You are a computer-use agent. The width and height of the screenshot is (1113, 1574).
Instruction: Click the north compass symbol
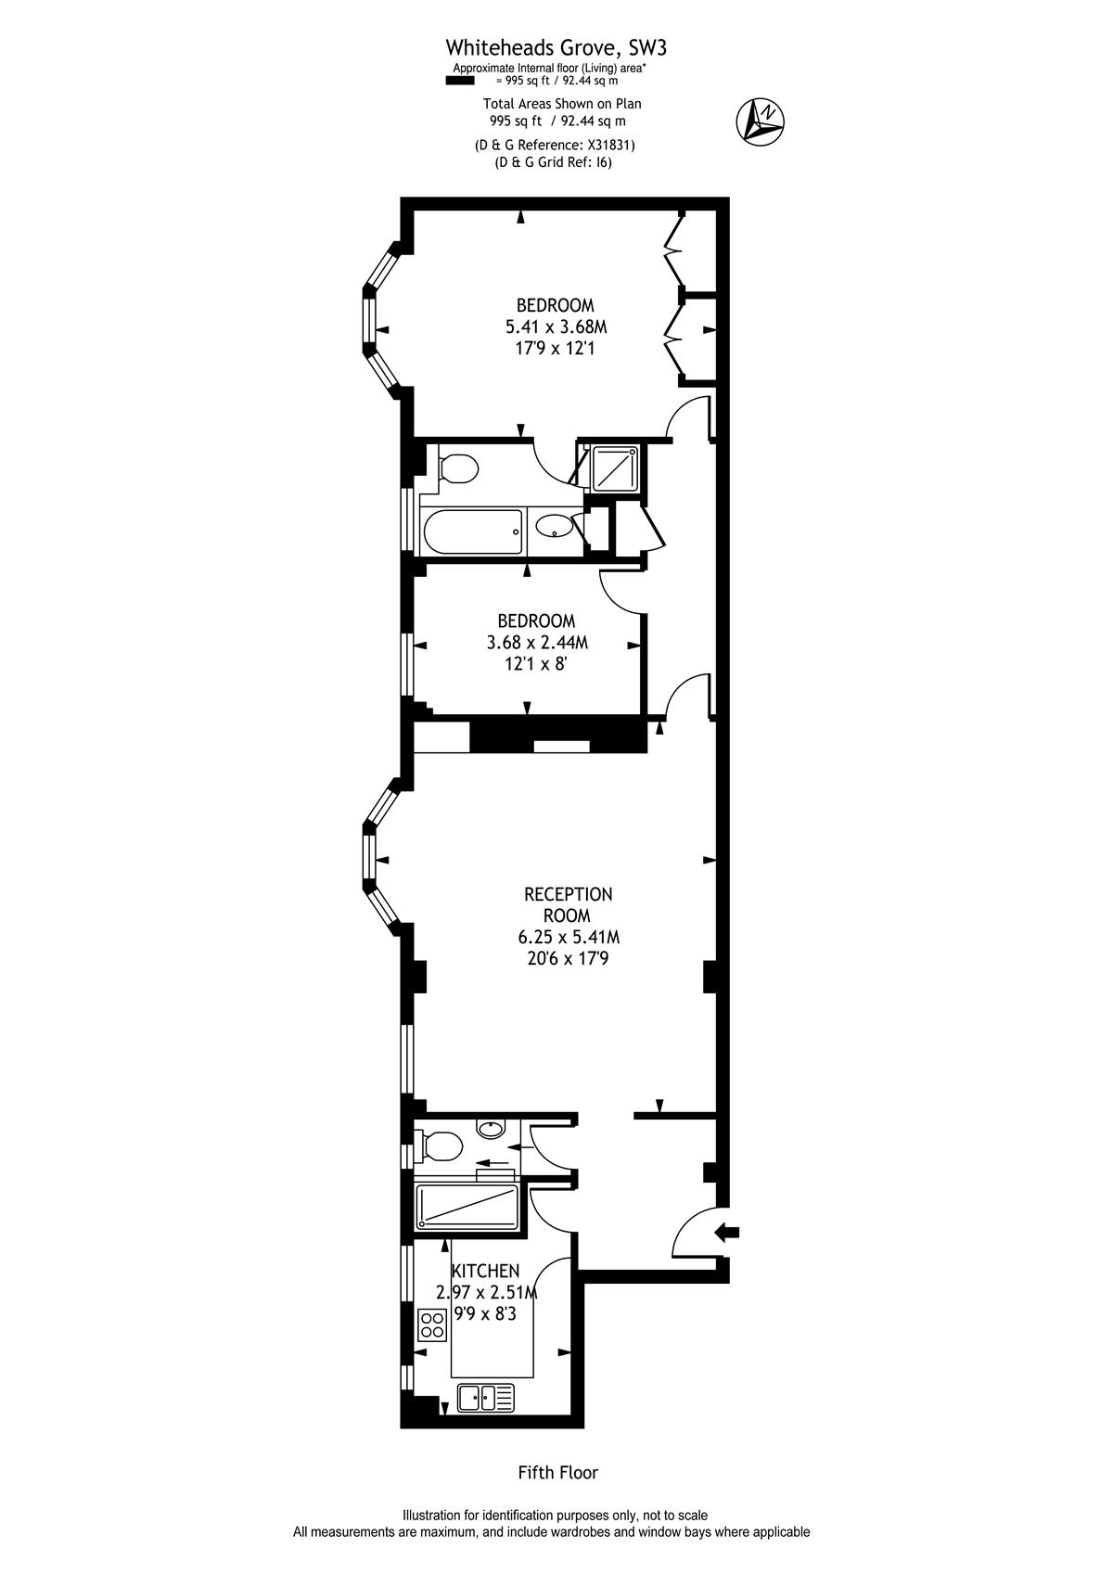click(761, 121)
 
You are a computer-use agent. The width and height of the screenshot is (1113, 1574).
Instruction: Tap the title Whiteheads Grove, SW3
click(556, 48)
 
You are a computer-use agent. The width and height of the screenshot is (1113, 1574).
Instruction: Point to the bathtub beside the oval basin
click(472, 531)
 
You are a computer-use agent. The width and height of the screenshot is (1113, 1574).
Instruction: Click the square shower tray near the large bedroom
click(615, 468)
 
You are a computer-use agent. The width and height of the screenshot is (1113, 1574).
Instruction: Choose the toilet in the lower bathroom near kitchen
click(439, 1146)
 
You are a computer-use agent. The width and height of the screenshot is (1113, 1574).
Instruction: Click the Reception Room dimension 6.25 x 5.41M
click(569, 937)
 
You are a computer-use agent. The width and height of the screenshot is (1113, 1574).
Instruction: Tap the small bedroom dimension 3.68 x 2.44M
click(537, 642)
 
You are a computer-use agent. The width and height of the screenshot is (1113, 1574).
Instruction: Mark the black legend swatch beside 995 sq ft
click(460, 81)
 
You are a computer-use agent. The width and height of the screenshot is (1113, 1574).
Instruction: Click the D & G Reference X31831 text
click(555, 146)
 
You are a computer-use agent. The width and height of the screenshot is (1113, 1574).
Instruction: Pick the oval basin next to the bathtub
click(555, 527)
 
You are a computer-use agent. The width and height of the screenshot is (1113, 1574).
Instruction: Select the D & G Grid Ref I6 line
click(554, 163)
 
